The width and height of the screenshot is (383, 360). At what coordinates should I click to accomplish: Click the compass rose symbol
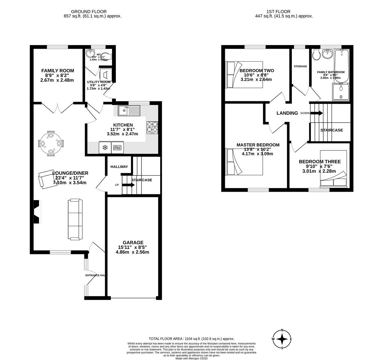282,339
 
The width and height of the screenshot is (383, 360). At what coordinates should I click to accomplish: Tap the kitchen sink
129,110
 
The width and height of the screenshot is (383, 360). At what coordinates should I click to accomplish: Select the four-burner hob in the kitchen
152,127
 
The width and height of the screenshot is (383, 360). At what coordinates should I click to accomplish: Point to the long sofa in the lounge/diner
75,219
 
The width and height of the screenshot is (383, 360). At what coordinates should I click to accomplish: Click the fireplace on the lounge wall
37,212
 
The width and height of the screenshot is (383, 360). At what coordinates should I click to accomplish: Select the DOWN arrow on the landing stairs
316,113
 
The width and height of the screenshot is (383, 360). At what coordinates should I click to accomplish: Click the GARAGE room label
133,243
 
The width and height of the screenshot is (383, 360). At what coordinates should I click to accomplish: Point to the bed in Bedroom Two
244,75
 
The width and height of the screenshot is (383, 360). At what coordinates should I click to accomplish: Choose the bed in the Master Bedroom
244,162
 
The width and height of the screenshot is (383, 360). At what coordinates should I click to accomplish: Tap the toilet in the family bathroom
316,55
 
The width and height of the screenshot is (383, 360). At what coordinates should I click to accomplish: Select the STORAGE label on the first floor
300,66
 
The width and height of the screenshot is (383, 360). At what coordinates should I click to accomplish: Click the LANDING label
287,113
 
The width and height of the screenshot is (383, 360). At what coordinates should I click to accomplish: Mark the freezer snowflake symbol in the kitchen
105,147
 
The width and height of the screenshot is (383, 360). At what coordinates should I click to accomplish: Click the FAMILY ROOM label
58,71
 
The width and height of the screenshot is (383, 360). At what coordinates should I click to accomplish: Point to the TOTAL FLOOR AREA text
191,338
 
